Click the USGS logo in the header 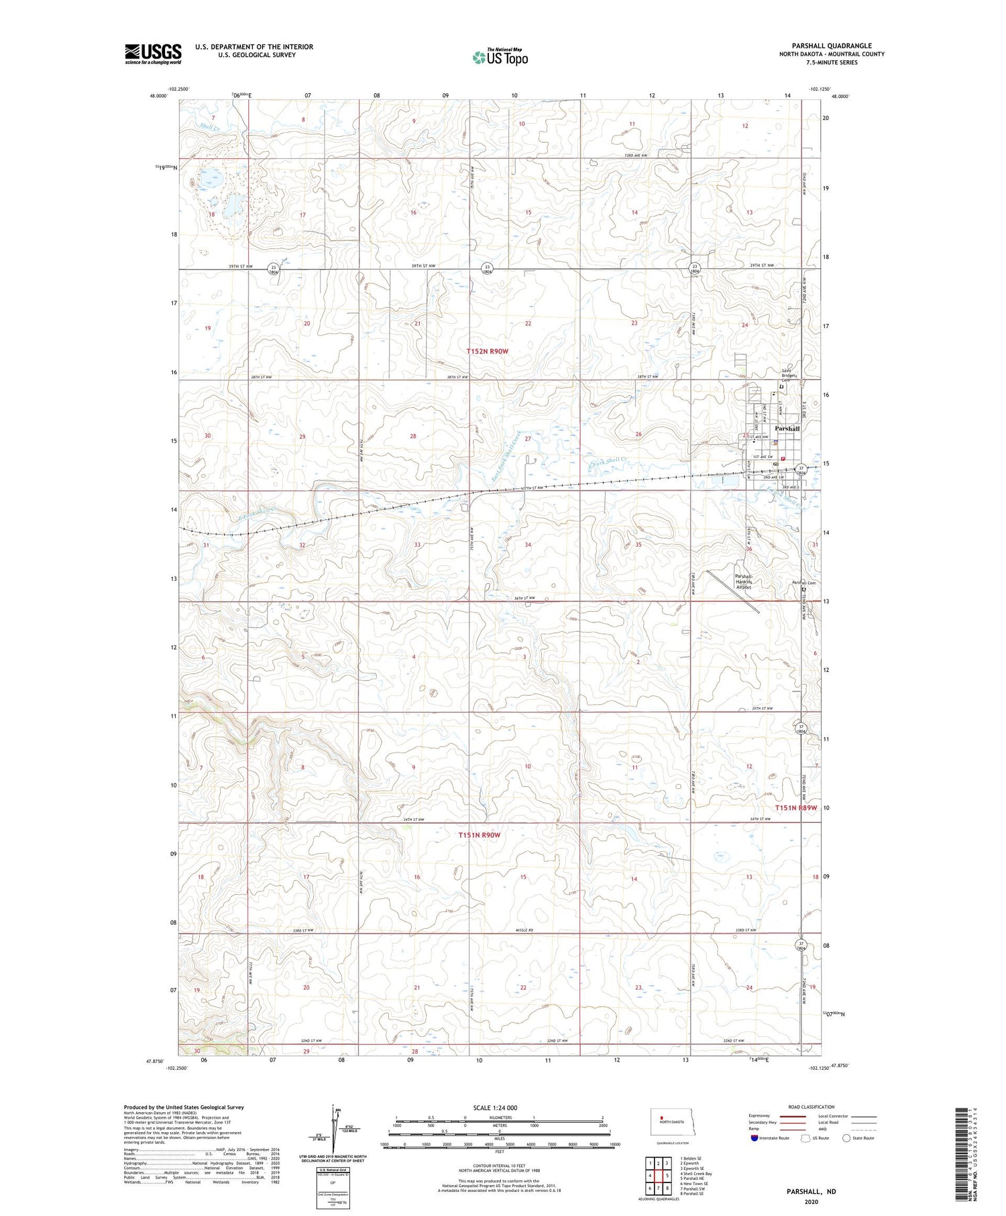153,54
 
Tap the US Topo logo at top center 500,58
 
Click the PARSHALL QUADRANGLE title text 831,46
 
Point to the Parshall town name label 787,428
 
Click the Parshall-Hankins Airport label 744,582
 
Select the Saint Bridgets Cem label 789,376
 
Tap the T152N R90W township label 488,351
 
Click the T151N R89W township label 796,808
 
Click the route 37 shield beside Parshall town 800,469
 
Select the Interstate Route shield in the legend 754,1138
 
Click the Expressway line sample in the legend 794,1116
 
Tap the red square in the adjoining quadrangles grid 667,1175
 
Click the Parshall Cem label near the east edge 803,583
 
